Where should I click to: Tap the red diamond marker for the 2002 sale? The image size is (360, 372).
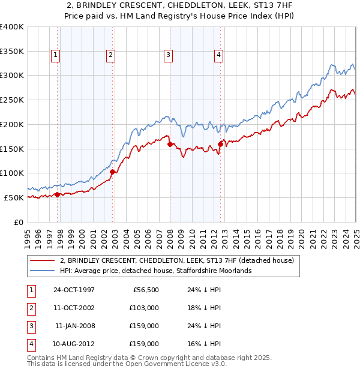point(112,172)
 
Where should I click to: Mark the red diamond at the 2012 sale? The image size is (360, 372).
point(220,144)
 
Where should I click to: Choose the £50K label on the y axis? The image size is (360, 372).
point(13,197)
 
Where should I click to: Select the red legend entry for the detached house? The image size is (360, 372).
point(176,260)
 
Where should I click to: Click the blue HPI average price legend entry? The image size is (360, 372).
point(155,271)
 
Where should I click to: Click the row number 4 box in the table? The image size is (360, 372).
point(30,344)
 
